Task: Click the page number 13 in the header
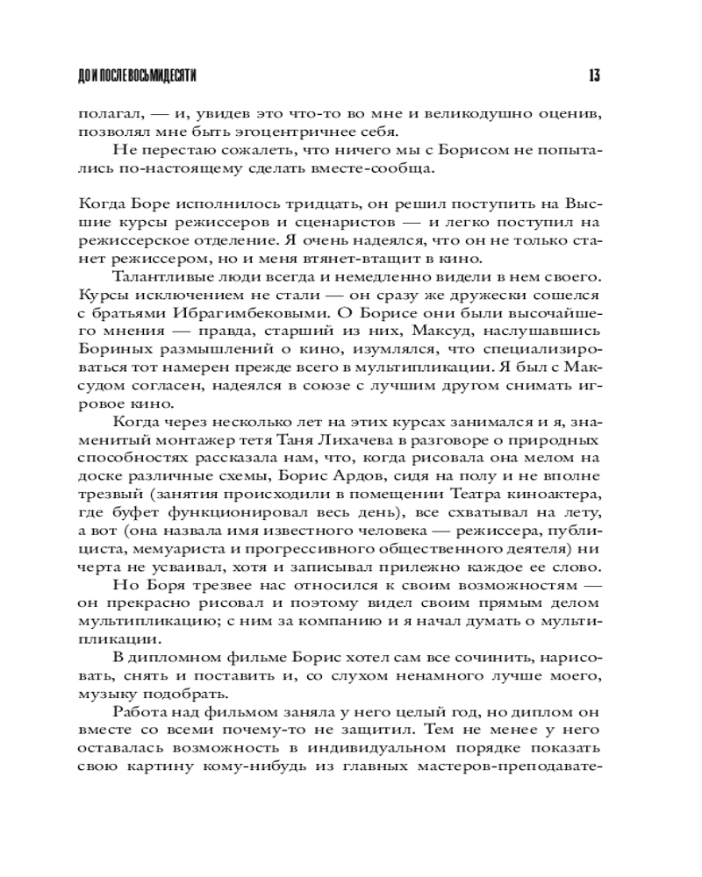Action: [x=594, y=76]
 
